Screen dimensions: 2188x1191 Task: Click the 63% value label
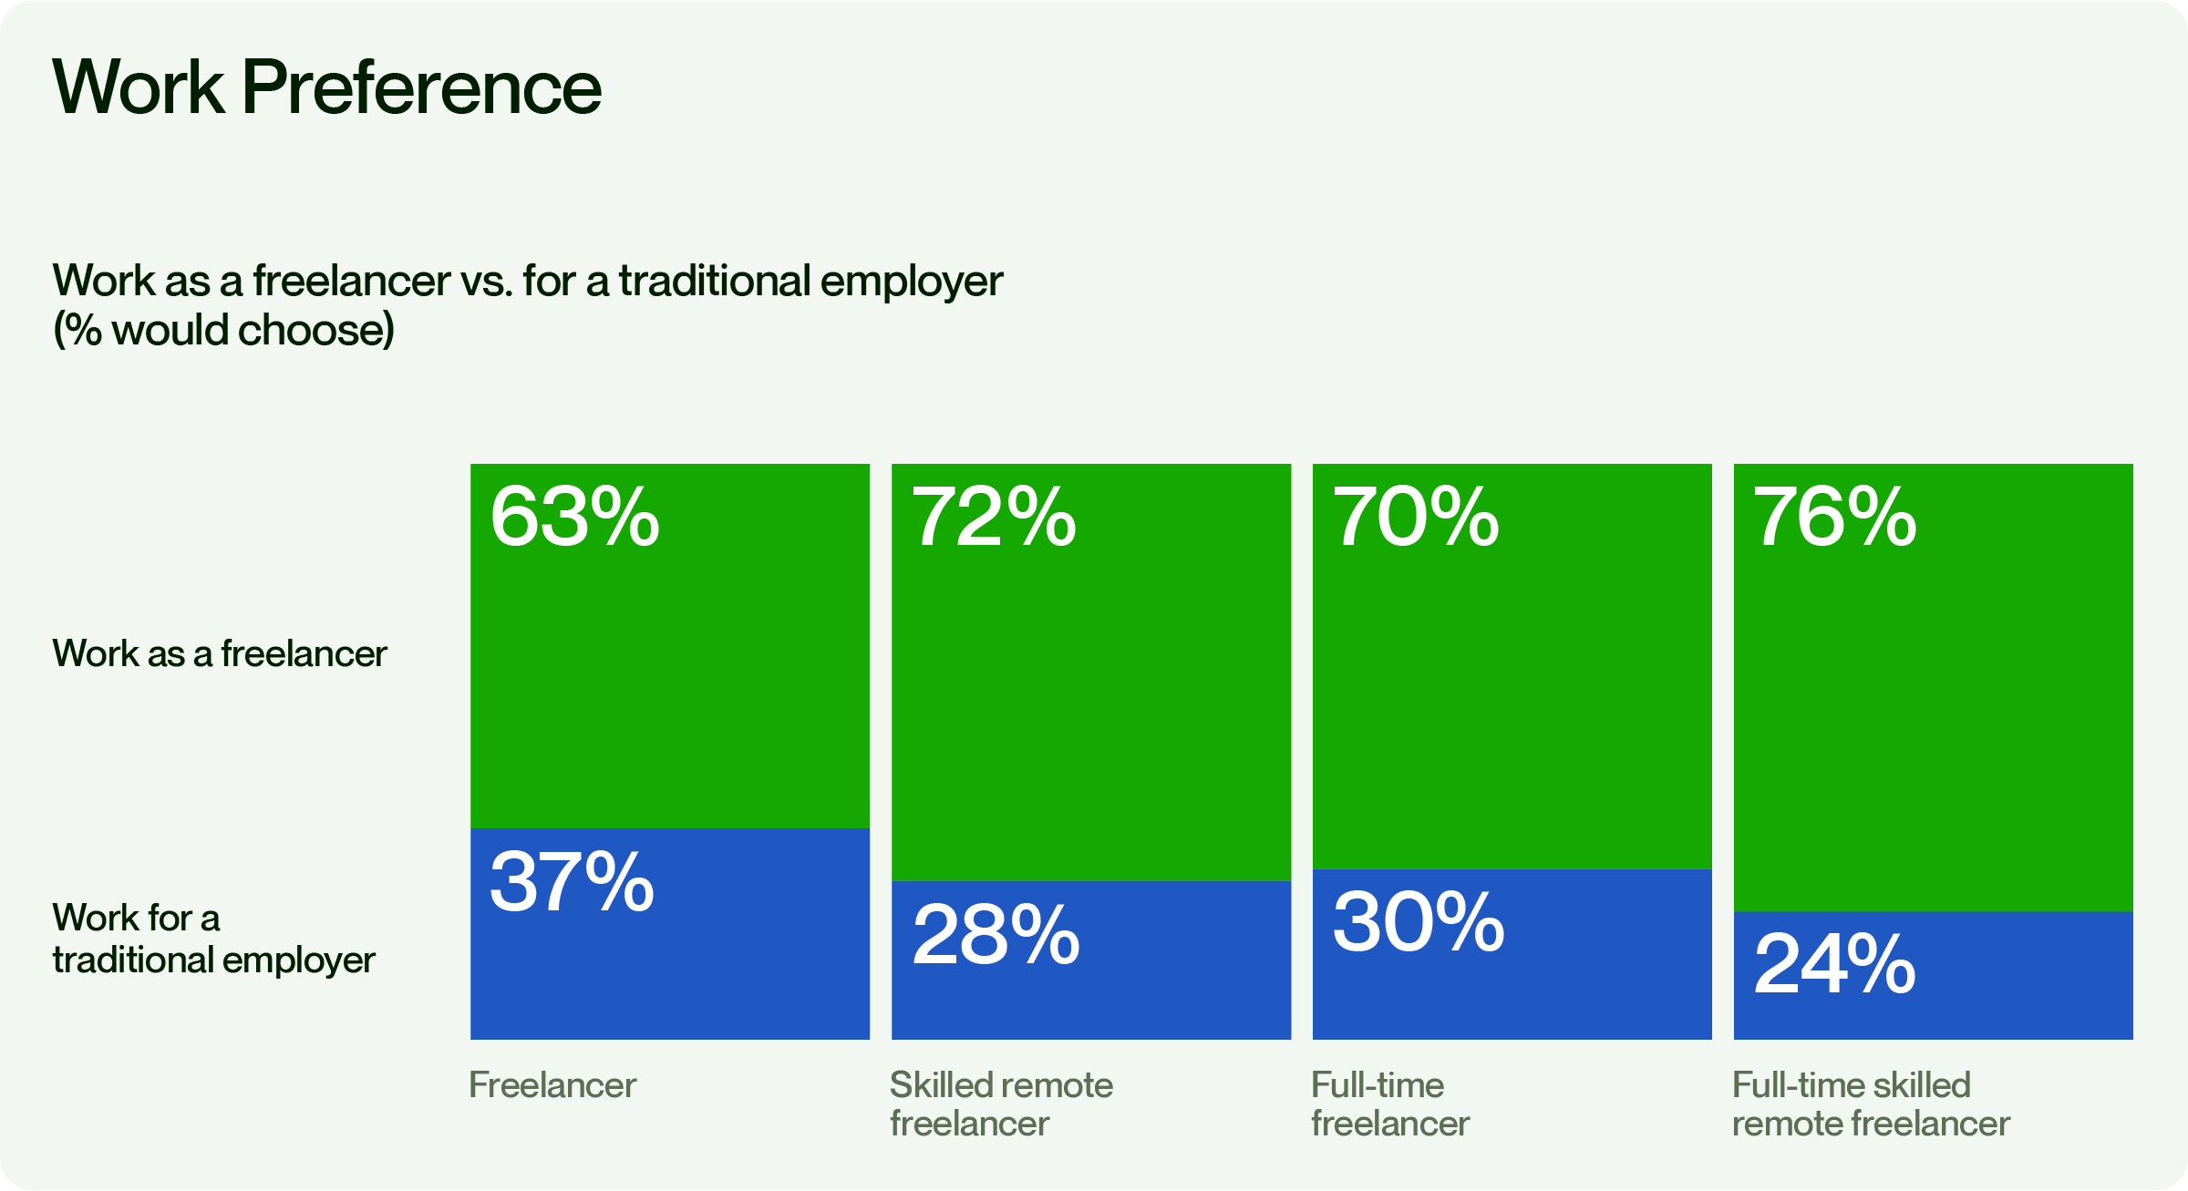[x=574, y=517]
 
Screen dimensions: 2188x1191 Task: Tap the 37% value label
[x=572, y=881]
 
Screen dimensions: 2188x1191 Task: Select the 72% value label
[x=994, y=517]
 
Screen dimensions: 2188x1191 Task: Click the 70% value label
[x=1416, y=517]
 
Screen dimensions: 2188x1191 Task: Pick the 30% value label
[x=1418, y=922]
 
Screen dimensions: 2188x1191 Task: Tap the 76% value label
[x=1835, y=517]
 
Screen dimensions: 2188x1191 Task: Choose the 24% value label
[x=1834, y=964]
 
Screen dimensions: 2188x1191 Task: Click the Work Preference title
[x=327, y=87]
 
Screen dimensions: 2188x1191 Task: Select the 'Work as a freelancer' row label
[x=220, y=653]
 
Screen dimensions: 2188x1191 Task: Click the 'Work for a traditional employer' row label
[x=213, y=939]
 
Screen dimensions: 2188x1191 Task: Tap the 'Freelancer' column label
[x=552, y=1084]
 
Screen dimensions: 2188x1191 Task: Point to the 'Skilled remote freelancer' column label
[x=1001, y=1104]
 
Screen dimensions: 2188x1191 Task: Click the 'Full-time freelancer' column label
[x=1390, y=1104]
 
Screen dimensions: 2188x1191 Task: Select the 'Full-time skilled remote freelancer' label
[x=1871, y=1104]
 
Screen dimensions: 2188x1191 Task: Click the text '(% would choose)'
[x=224, y=330]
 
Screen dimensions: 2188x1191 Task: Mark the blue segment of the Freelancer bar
[x=670, y=934]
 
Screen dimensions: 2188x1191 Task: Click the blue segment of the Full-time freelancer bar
[x=1512, y=954]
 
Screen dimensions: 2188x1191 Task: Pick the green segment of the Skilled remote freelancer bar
[x=1091, y=673]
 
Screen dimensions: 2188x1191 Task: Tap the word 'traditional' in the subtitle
[x=715, y=281]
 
